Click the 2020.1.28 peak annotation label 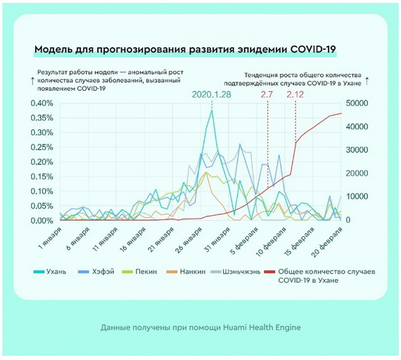coord(211,95)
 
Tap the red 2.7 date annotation coord(267,95)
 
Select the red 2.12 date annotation coord(295,95)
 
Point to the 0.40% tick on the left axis coord(42,103)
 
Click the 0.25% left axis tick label coord(42,148)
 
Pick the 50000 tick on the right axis coord(357,103)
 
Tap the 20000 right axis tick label coord(357,174)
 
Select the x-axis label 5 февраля coord(245,239)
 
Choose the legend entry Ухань coord(50,271)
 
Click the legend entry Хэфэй coord(96,271)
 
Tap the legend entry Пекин coord(140,271)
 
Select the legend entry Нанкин coord(186,271)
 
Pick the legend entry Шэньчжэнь coord(236,271)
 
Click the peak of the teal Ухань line coord(212,110)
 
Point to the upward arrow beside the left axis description coord(32,81)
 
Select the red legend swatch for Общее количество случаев coord(270,272)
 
